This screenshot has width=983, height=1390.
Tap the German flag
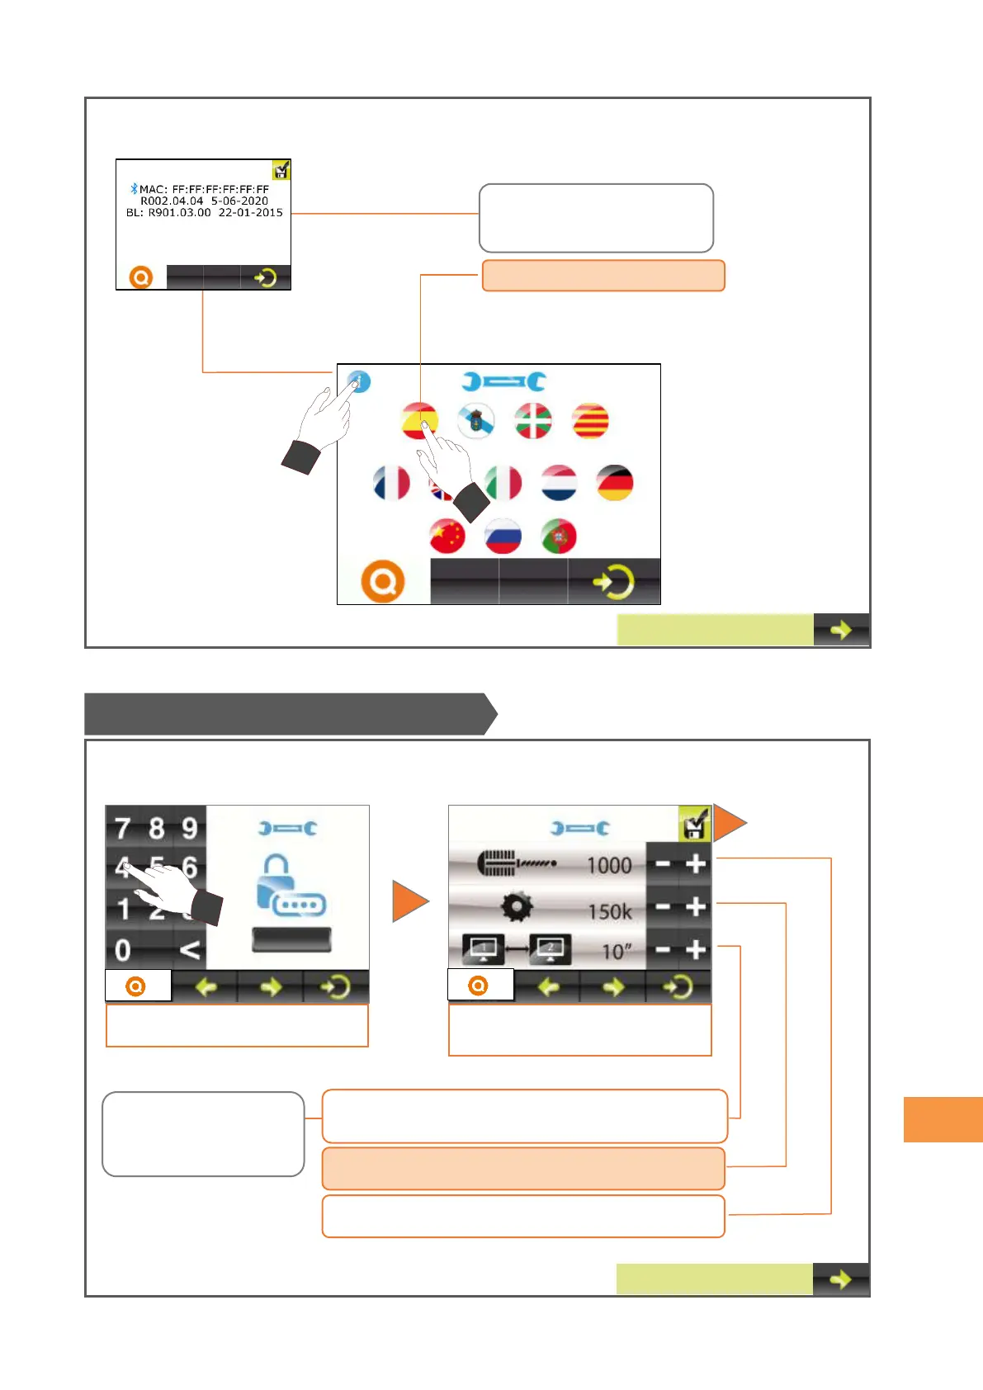pos(614,483)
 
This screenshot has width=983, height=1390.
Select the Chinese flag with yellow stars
pos(447,537)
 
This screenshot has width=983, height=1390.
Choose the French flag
pos(391,483)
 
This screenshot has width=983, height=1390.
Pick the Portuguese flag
pos(559,537)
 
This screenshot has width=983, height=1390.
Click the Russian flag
pos(503,537)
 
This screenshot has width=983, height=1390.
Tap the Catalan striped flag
pos(590,421)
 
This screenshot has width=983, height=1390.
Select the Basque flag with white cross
pos(533,421)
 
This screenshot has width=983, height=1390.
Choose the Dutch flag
pos(559,483)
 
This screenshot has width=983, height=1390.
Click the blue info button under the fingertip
pos(359,381)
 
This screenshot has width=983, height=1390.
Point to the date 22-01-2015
pos(250,213)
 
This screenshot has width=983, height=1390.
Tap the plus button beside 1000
pos(696,864)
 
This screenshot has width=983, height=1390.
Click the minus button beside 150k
pos(662,907)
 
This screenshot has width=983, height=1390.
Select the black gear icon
pos(517,907)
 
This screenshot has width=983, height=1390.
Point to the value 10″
pos(616,952)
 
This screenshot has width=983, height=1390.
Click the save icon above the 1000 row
pos(694,823)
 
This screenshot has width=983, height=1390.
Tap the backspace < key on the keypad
pos(189,950)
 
